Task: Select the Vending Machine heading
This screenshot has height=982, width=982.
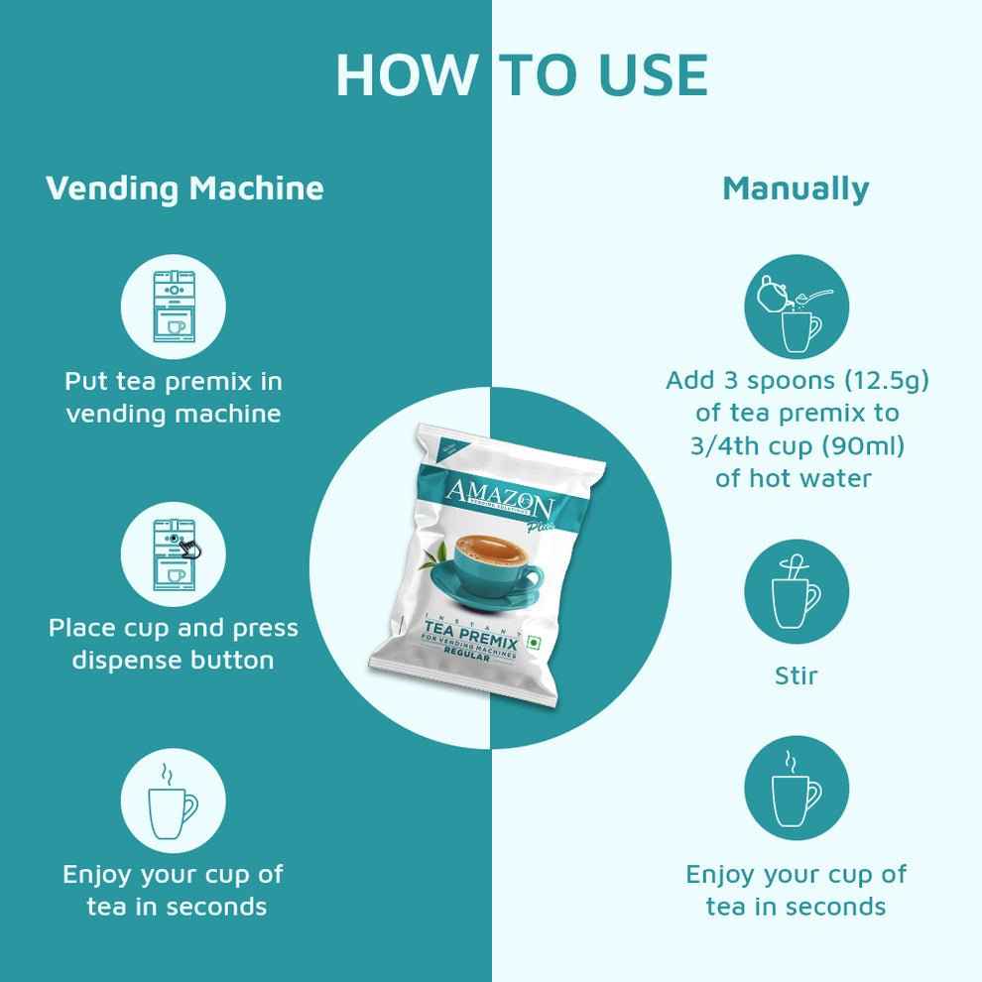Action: [x=184, y=187]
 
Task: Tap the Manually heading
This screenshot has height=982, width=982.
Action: [x=796, y=187]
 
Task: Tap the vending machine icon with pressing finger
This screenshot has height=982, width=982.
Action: [x=173, y=552]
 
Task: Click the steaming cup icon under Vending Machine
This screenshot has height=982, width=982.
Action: [x=173, y=798]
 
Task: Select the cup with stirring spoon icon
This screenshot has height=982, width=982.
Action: [x=797, y=593]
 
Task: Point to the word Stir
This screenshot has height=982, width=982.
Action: [x=796, y=676]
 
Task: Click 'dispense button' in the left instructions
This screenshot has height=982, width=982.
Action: [x=173, y=660]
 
